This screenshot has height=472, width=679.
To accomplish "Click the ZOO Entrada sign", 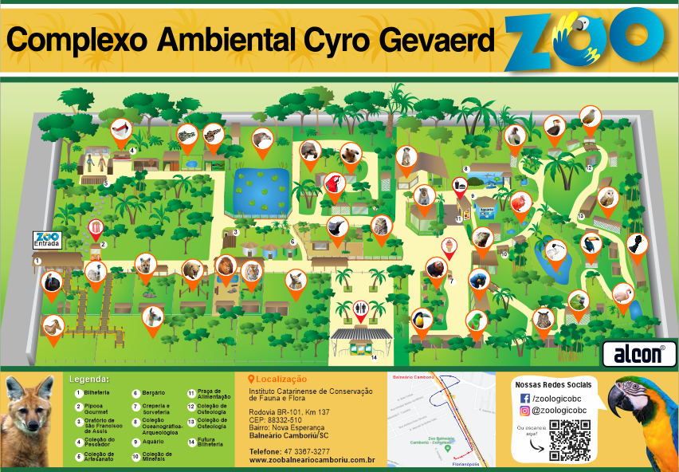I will [47, 238].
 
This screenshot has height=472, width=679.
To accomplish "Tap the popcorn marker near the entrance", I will [96, 229].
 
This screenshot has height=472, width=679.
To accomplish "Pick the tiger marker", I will [251, 271].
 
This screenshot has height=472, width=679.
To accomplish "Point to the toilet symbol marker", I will [360, 308].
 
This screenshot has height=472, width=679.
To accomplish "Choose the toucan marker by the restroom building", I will [421, 321].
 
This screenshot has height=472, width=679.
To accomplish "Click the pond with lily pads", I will [261, 188].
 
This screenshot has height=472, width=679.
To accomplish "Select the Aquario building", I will [486, 210].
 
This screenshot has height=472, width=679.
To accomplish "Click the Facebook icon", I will [524, 398].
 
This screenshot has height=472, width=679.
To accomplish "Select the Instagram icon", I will [524, 411].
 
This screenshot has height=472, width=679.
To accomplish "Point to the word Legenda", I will [90, 379].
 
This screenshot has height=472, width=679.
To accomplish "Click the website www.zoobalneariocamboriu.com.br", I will [312, 460].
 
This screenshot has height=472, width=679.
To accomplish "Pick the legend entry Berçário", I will [153, 393].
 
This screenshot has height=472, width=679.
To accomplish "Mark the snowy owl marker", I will [608, 197].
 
